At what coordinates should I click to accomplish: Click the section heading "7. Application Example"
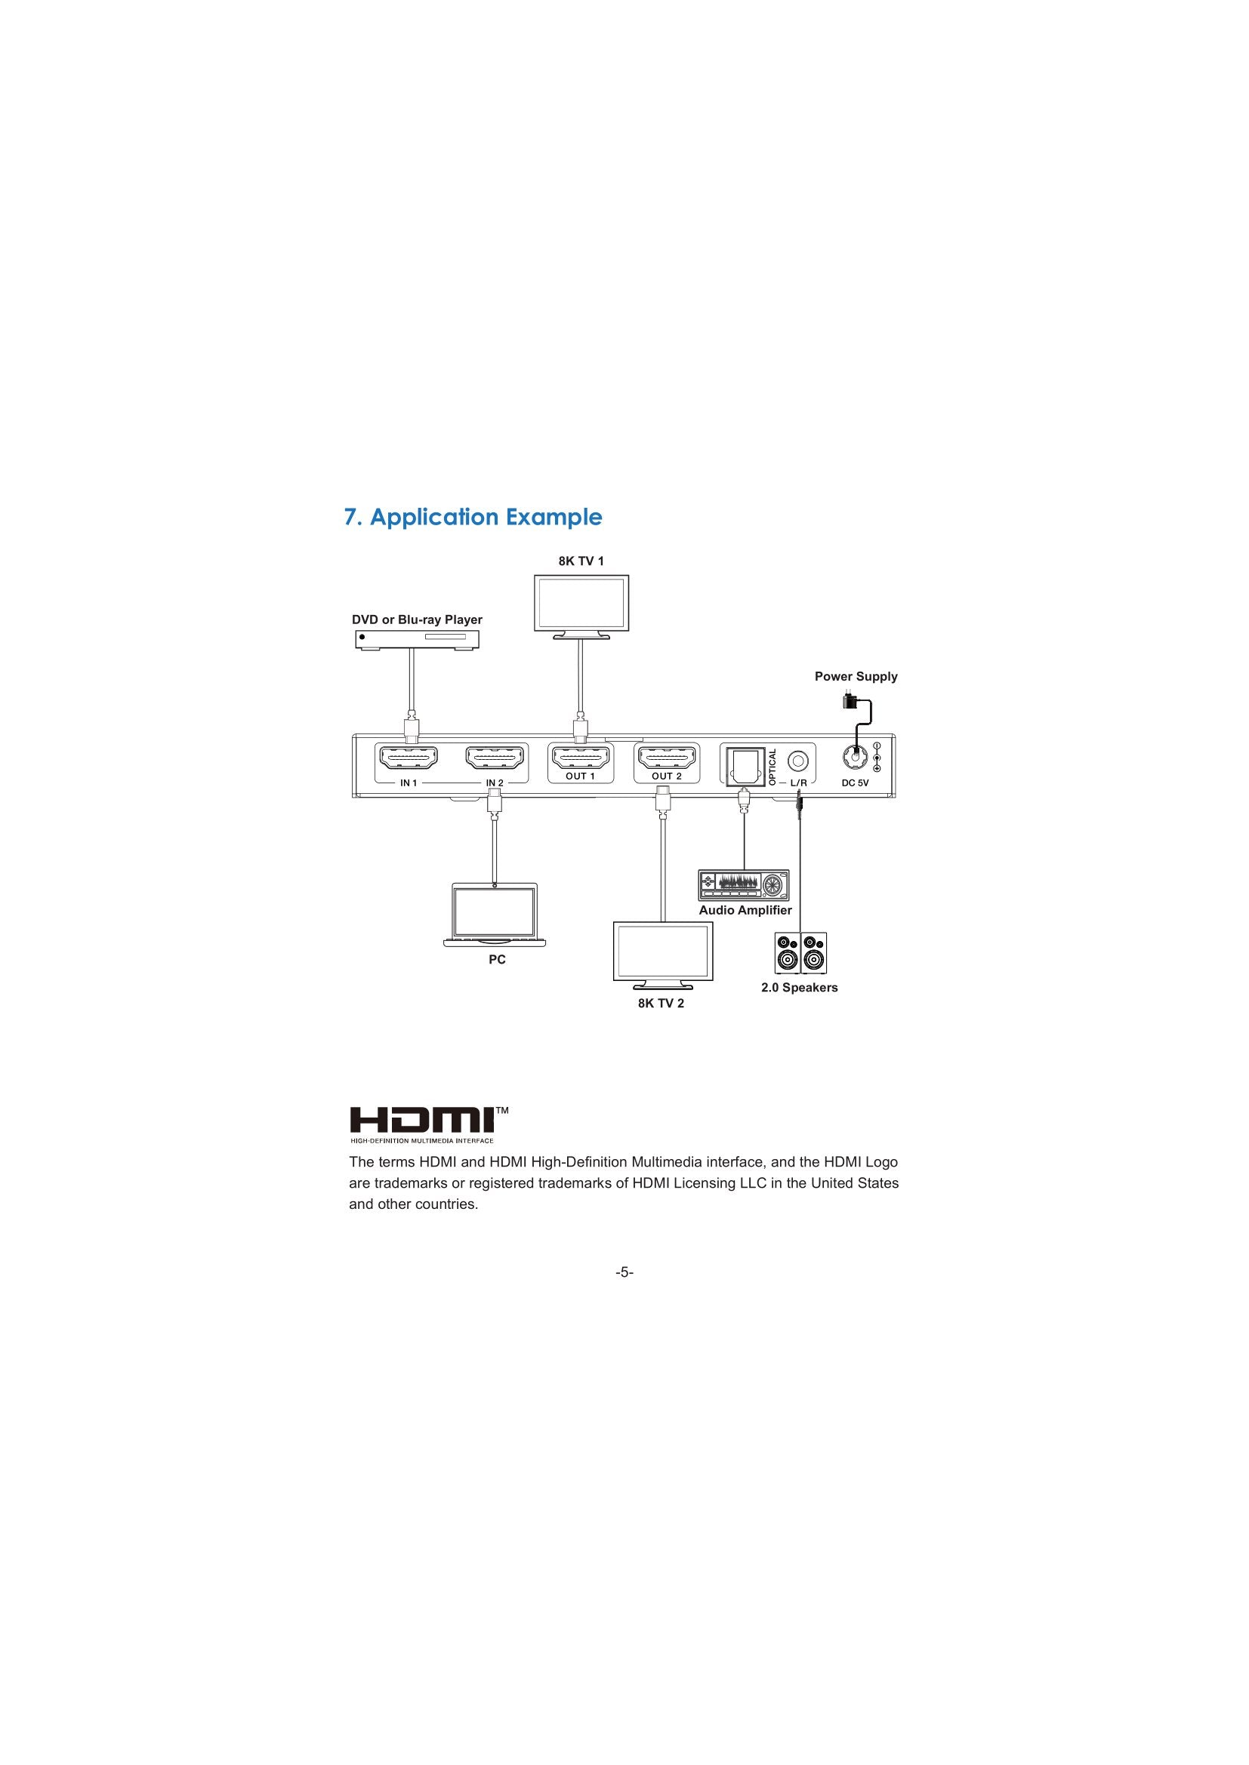coord(473,518)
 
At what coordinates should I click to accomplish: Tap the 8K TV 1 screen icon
coord(581,607)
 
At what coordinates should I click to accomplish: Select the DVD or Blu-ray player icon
coord(417,640)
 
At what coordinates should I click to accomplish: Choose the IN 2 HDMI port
coord(496,760)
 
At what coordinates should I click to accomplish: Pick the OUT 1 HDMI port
coord(581,760)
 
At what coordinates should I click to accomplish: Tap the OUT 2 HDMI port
coord(666,760)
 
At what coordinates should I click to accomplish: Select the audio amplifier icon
coord(744,885)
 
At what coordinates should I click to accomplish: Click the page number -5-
coord(624,1273)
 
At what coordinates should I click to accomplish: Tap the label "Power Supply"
coord(856,676)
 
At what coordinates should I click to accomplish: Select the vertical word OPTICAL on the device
coord(773,767)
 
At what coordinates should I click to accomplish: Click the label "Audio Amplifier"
coord(745,910)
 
